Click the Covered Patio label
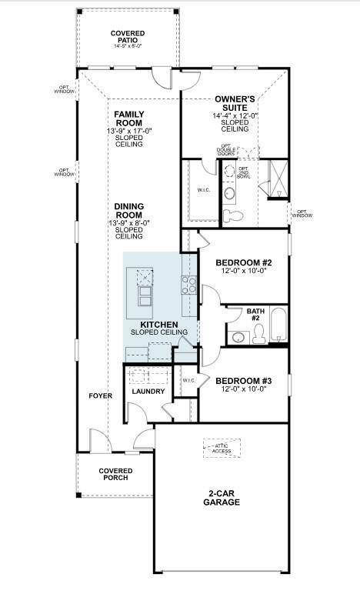tap(127, 36)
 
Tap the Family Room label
tap(128, 118)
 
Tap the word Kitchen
tap(159, 325)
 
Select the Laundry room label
tap(148, 392)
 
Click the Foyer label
tap(100, 395)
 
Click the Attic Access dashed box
tap(222, 449)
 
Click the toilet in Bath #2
tap(258, 332)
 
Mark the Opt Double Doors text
tap(226, 149)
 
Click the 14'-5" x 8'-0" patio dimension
tap(127, 47)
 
